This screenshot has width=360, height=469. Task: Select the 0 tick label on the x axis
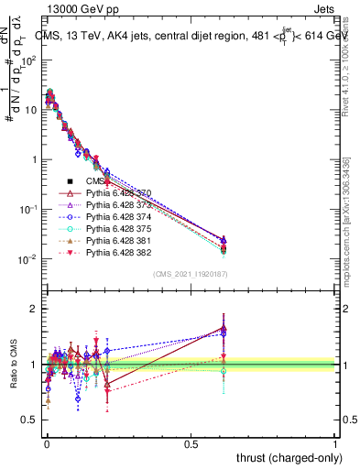(x=46, y=444)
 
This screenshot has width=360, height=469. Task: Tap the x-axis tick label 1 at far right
(x=334, y=444)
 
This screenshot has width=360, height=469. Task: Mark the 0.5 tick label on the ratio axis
(x=29, y=420)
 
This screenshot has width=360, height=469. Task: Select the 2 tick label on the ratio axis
(x=34, y=309)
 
